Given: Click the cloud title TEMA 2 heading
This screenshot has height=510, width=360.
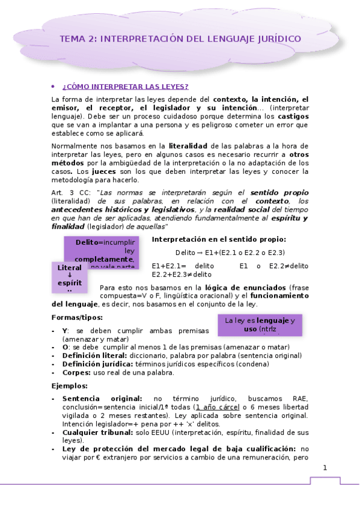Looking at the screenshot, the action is coord(180,39).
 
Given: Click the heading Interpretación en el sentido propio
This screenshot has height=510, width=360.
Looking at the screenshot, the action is coord(219,239).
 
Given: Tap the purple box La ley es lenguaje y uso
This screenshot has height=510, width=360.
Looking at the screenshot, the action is coord(260,325).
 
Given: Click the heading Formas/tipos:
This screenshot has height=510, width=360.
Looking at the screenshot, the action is coord(77,318).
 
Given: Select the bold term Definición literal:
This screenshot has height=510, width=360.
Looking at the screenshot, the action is coord(94,356).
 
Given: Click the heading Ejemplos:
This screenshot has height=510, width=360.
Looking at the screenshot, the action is coord(70,386).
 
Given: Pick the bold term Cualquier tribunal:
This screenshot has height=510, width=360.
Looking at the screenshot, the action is coord(99,432).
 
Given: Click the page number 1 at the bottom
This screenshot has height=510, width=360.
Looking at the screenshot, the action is coord(325,468).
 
